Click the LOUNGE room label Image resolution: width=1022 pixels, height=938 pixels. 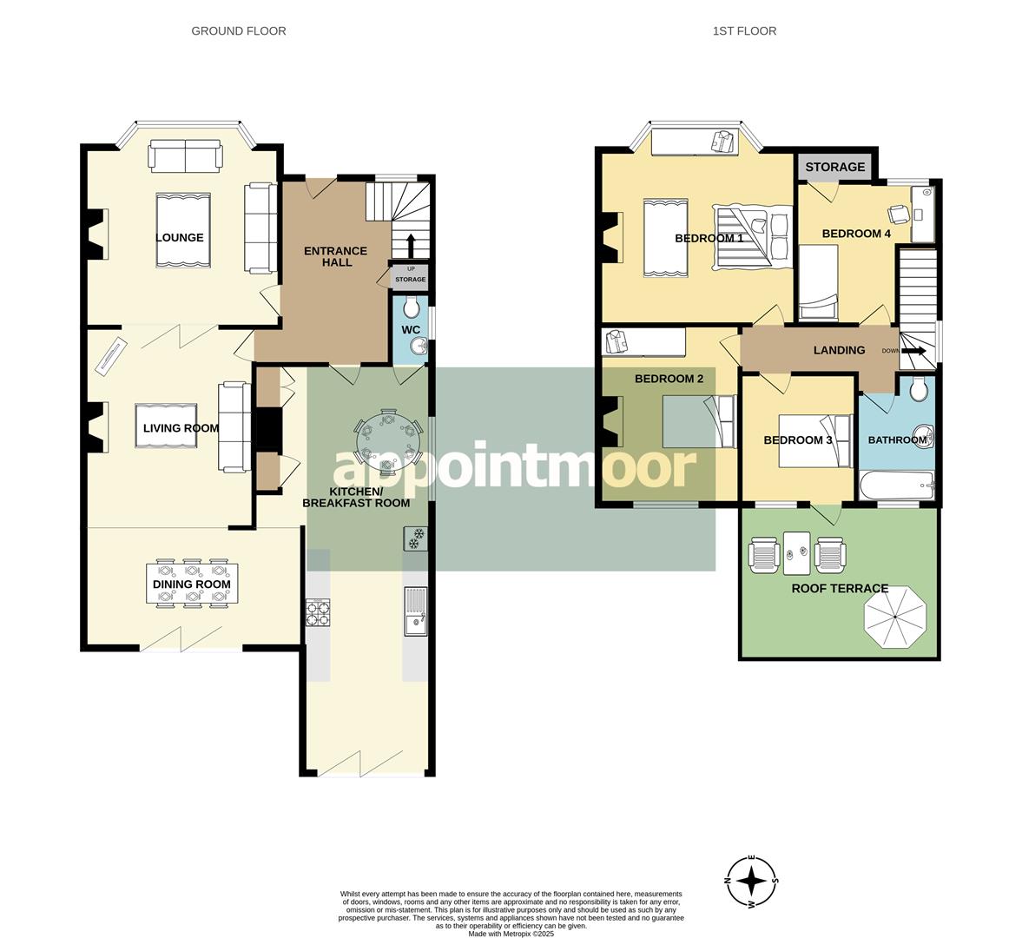(x=180, y=237)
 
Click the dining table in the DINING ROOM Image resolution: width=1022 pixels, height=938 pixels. (x=192, y=584)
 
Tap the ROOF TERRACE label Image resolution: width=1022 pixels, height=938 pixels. (x=839, y=588)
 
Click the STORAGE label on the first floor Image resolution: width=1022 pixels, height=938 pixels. (x=834, y=167)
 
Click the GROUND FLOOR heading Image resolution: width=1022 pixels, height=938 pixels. (x=238, y=30)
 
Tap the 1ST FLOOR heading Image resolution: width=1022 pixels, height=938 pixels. (x=744, y=30)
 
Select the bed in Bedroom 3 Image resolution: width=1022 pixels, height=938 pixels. (x=819, y=440)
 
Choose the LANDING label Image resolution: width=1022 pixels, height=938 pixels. (x=839, y=350)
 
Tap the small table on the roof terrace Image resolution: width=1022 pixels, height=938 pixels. (x=796, y=552)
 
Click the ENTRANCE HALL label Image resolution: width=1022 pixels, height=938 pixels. (x=335, y=256)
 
